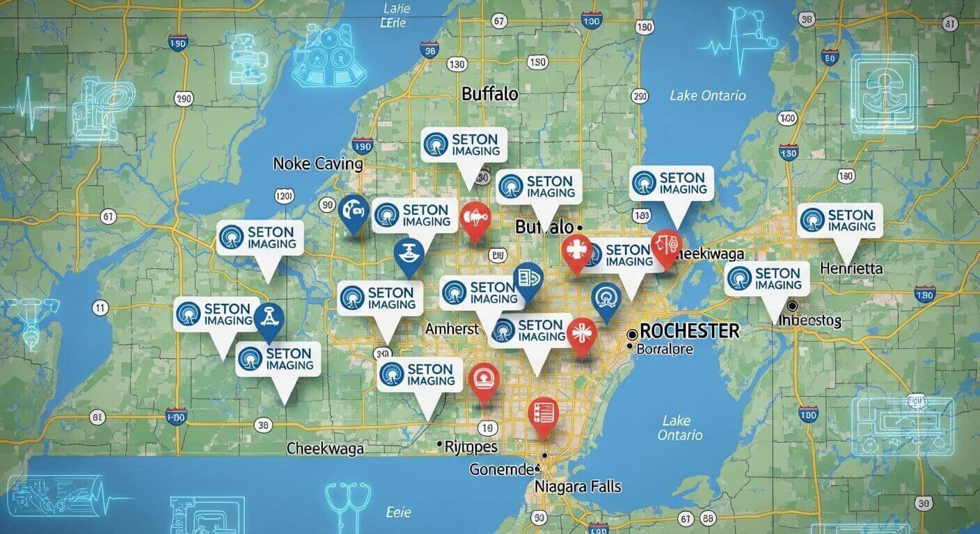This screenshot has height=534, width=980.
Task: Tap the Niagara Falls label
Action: (x=578, y=486)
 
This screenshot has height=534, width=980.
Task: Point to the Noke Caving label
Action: (x=318, y=164)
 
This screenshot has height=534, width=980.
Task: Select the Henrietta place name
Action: (x=851, y=268)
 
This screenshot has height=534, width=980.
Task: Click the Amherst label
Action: (x=451, y=329)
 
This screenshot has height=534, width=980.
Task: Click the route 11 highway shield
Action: (x=100, y=307)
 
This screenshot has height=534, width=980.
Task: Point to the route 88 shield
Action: (x=709, y=518)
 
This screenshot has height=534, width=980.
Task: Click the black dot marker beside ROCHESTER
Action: (x=632, y=334)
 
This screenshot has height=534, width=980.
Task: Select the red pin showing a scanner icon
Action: (x=484, y=380)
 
